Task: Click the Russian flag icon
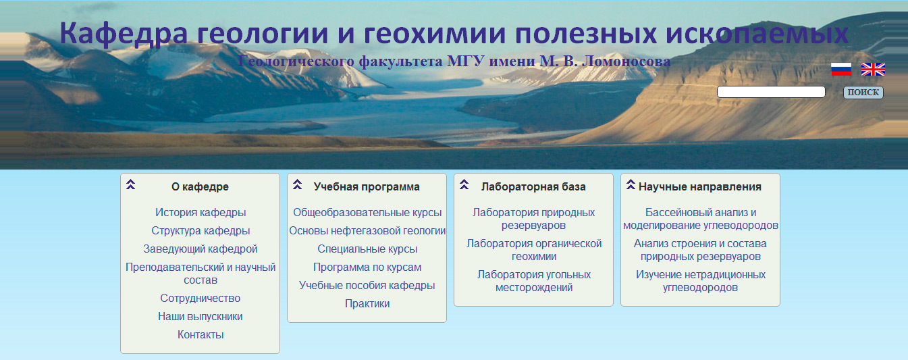click(840, 70)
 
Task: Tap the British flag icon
click(873, 70)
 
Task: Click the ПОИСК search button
click(863, 92)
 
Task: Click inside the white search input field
click(771, 92)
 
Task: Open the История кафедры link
click(201, 213)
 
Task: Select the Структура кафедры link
click(201, 231)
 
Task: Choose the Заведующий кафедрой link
click(201, 249)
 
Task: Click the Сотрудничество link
click(201, 299)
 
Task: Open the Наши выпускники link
click(201, 317)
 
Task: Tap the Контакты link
click(201, 335)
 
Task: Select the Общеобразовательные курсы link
click(367, 213)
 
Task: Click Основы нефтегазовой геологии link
click(367, 231)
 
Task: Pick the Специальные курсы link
click(367, 249)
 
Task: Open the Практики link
click(367, 304)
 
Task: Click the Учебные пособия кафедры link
click(367, 286)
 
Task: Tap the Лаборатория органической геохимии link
click(534, 250)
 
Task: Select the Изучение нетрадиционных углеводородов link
click(701, 281)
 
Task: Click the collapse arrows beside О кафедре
click(130, 184)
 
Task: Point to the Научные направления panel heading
click(700, 187)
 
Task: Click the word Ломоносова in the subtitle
click(626, 61)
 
